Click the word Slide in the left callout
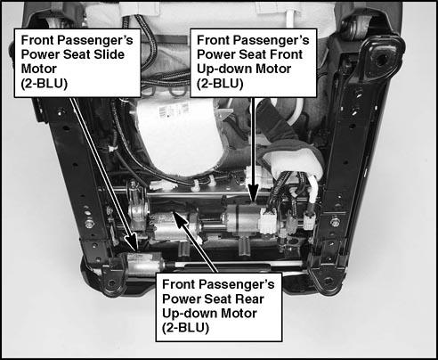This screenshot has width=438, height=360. click(109, 54)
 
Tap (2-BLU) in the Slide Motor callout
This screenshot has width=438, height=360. click(45, 84)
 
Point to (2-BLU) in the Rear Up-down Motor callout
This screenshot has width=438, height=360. click(185, 328)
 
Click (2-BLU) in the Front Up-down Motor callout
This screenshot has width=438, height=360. click(220, 84)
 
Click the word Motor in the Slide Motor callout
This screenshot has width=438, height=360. click(38, 69)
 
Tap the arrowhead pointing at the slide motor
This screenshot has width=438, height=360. click(133, 242)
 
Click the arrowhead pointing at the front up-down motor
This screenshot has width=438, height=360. click(253, 192)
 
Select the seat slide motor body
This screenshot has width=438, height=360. click(145, 263)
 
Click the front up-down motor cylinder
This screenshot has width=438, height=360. click(243, 219)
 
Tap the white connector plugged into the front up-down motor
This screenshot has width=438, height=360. click(268, 220)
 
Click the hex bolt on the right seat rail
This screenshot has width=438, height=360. click(335, 222)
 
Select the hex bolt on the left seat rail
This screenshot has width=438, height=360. click(89, 224)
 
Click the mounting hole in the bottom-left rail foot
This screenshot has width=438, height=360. click(111, 282)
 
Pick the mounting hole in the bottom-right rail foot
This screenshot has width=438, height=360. click(328, 281)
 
